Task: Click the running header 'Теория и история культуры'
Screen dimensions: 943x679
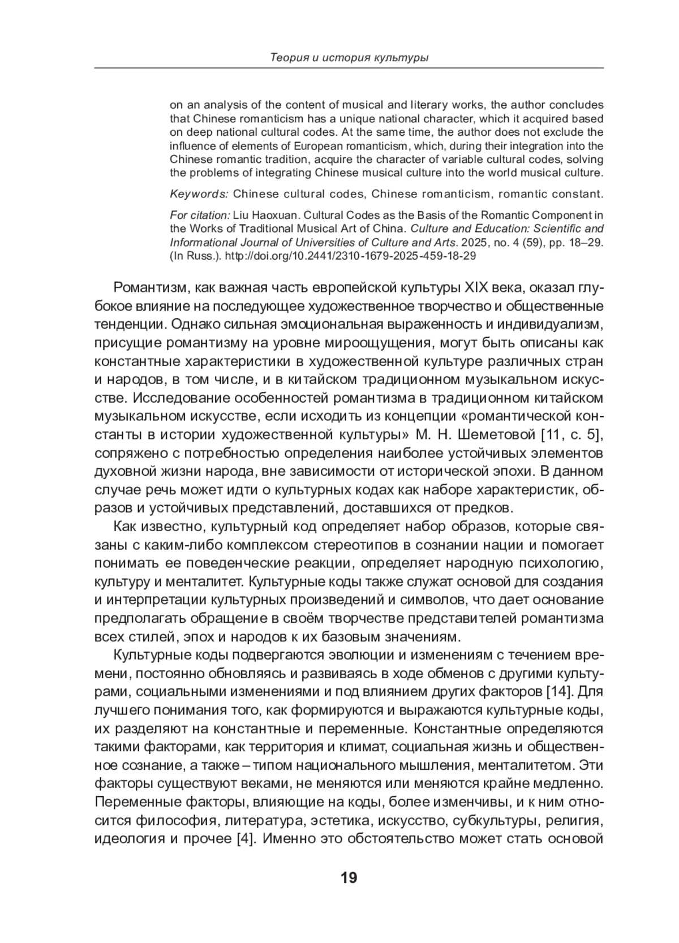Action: pyautogui.click(x=349, y=58)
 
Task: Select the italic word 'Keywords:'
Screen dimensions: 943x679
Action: pyautogui.click(x=199, y=194)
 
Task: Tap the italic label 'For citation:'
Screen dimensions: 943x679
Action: pyautogui.click(x=200, y=215)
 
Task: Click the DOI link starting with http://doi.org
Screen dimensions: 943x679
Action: pyautogui.click(x=350, y=256)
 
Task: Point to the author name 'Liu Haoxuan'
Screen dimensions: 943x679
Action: pyautogui.click(x=263, y=215)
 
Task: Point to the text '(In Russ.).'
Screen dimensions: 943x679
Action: pyautogui.click(x=195, y=256)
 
